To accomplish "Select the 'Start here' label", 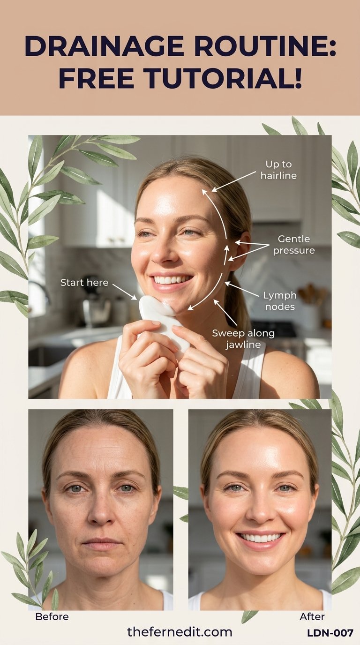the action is (84, 283).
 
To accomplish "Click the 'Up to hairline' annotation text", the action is (278, 170).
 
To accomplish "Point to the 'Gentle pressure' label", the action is (294, 245).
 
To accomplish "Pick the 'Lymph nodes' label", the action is (280, 301).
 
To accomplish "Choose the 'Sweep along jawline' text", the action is (243, 338).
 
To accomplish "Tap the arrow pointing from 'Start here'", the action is (125, 292).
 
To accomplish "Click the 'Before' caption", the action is (52, 616).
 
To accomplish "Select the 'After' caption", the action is (312, 616).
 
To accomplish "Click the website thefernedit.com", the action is (180, 632).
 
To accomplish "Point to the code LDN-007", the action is (330, 633).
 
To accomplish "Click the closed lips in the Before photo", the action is (101, 544).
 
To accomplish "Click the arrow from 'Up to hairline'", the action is (233, 181).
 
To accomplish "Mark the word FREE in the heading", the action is (96, 78).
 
